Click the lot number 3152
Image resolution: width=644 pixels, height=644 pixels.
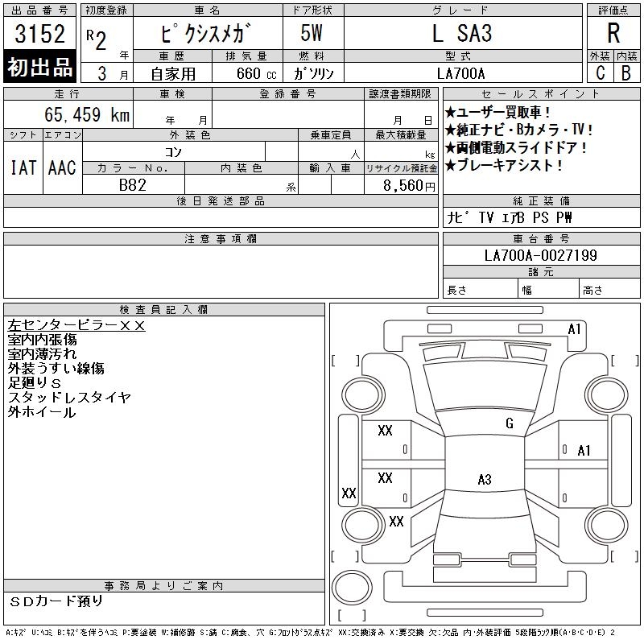[39, 33]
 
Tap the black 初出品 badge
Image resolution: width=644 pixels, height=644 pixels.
[39, 66]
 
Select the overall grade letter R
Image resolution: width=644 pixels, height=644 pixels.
[613, 33]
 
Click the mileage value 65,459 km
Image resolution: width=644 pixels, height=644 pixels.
[87, 114]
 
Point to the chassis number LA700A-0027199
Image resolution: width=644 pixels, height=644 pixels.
[540, 255]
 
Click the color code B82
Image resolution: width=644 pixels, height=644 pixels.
[133, 185]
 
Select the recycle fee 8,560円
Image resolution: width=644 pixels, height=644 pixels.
[409, 186]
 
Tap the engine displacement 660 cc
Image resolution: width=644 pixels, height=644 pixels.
[256, 73]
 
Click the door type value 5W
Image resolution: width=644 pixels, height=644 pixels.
[312, 33]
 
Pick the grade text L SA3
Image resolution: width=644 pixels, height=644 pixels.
[462, 33]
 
